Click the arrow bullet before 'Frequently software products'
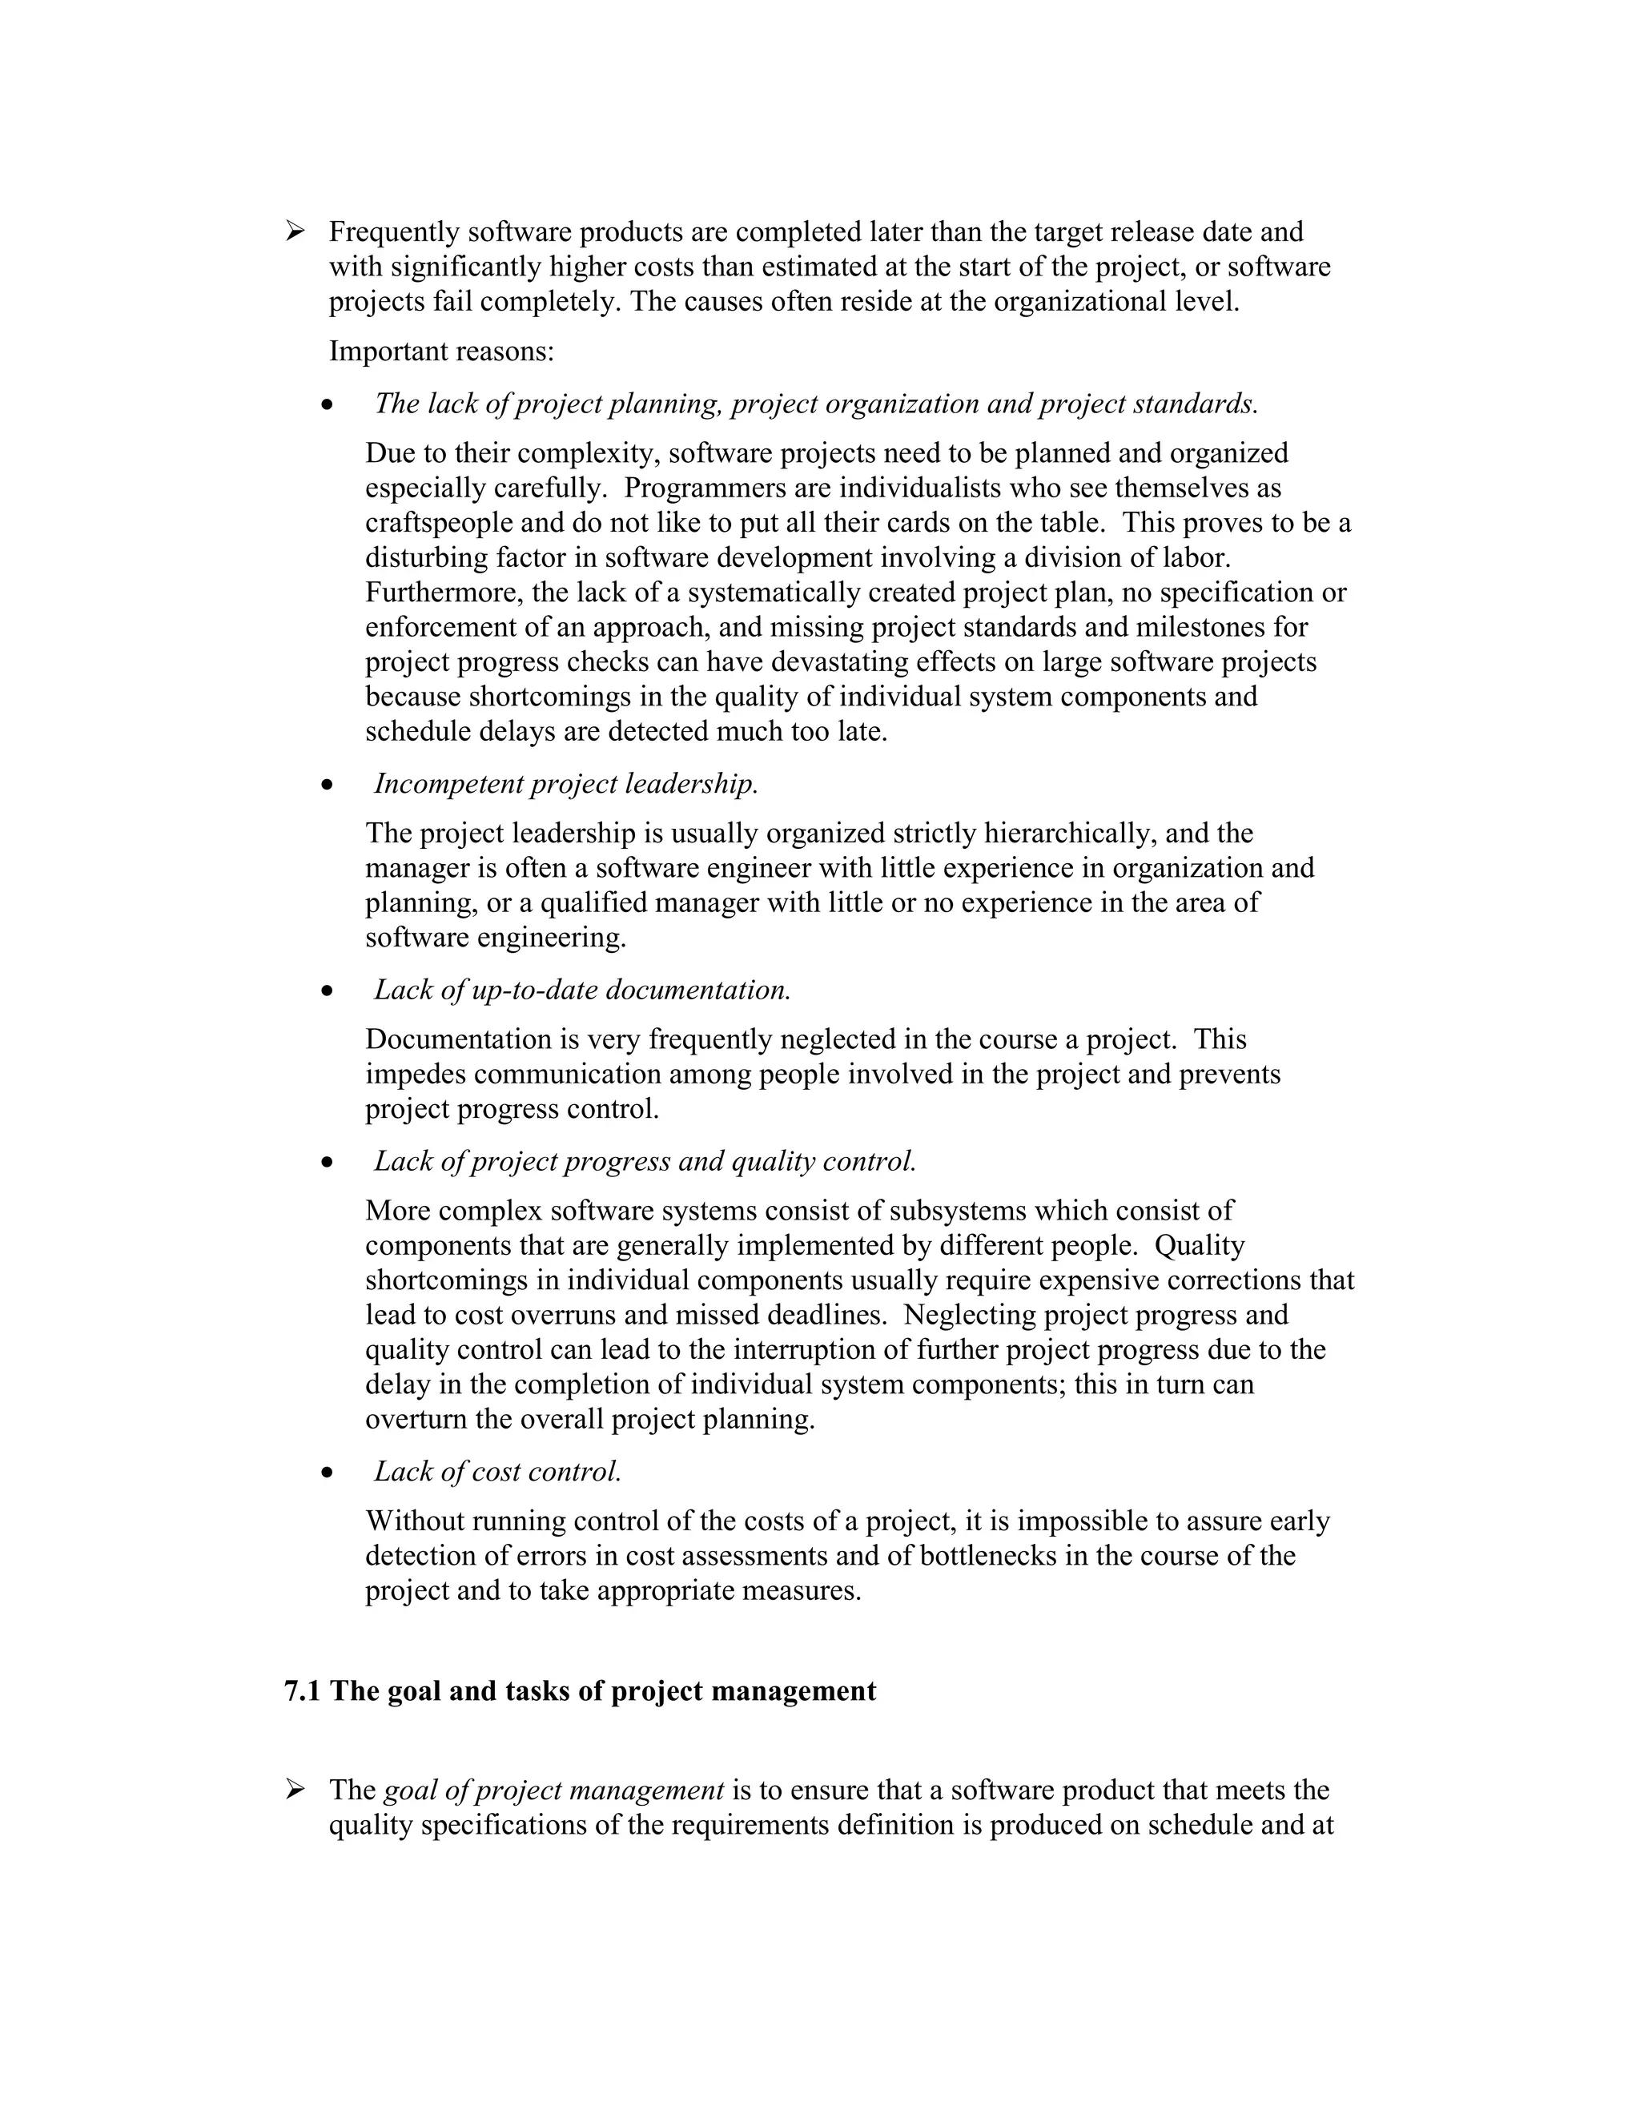click(295, 231)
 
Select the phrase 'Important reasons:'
click(441, 351)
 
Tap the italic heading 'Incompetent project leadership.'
click(565, 783)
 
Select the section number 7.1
click(301, 1690)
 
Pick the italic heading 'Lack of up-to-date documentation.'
click(582, 989)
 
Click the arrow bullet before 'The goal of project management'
click(295, 1789)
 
